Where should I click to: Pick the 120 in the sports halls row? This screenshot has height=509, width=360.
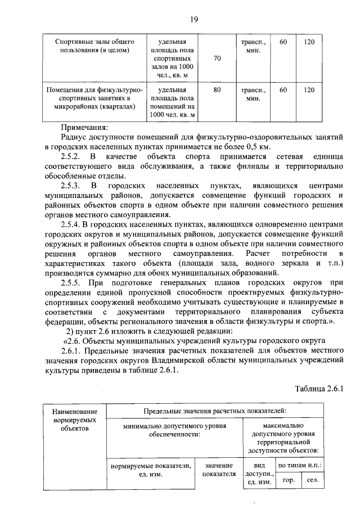(309, 42)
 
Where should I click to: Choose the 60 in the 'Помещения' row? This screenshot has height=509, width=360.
(283, 89)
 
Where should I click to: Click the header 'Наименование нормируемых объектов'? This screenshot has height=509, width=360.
(71, 421)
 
